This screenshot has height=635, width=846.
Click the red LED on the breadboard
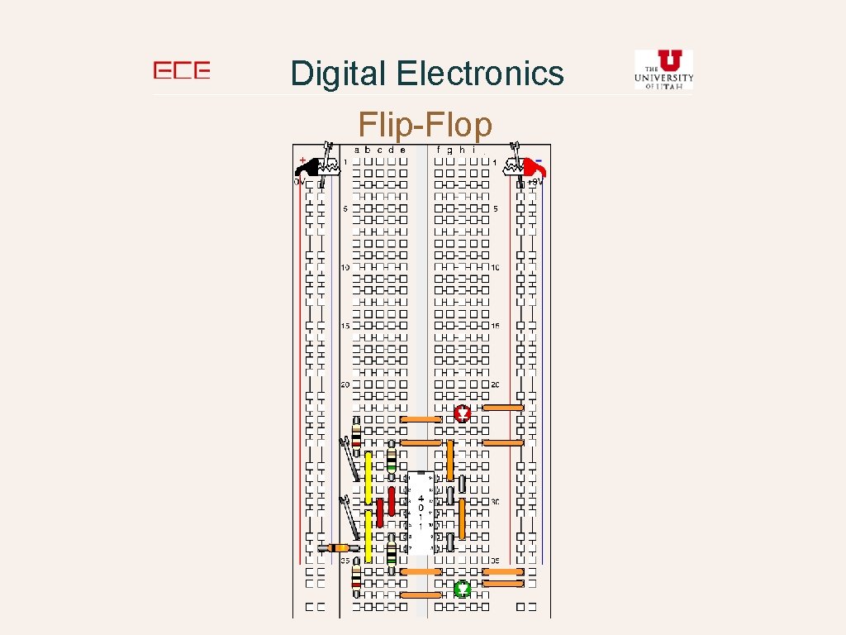click(463, 413)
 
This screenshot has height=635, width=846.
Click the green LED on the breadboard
click(463, 589)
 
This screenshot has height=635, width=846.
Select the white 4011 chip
click(421, 513)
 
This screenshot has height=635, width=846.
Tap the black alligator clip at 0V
click(312, 166)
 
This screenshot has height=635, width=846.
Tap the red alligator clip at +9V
click(535, 168)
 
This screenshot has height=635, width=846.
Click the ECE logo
click(182, 71)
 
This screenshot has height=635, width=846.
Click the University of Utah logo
click(663, 69)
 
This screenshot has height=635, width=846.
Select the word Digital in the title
click(339, 74)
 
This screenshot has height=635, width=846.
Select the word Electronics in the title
click(480, 74)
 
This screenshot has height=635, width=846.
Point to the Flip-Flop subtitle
click(425, 126)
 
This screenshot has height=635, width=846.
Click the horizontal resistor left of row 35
click(339, 547)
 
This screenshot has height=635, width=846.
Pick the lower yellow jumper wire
click(368, 536)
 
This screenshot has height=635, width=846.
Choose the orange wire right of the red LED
click(503, 408)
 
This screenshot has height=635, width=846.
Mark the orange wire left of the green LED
click(421, 594)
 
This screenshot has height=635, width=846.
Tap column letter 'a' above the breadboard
click(357, 150)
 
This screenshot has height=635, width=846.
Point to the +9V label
click(535, 181)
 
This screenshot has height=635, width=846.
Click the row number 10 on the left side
click(345, 268)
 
